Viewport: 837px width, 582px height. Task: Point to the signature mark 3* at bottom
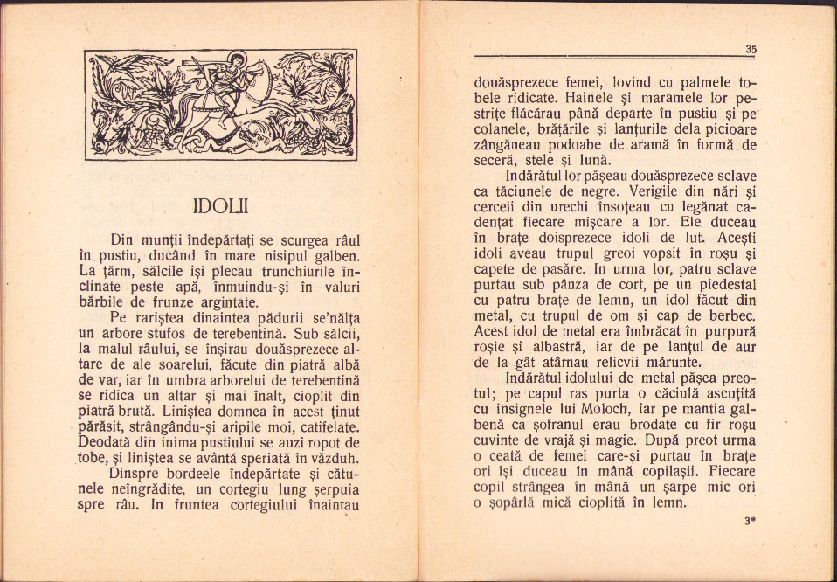pyautogui.click(x=749, y=522)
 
